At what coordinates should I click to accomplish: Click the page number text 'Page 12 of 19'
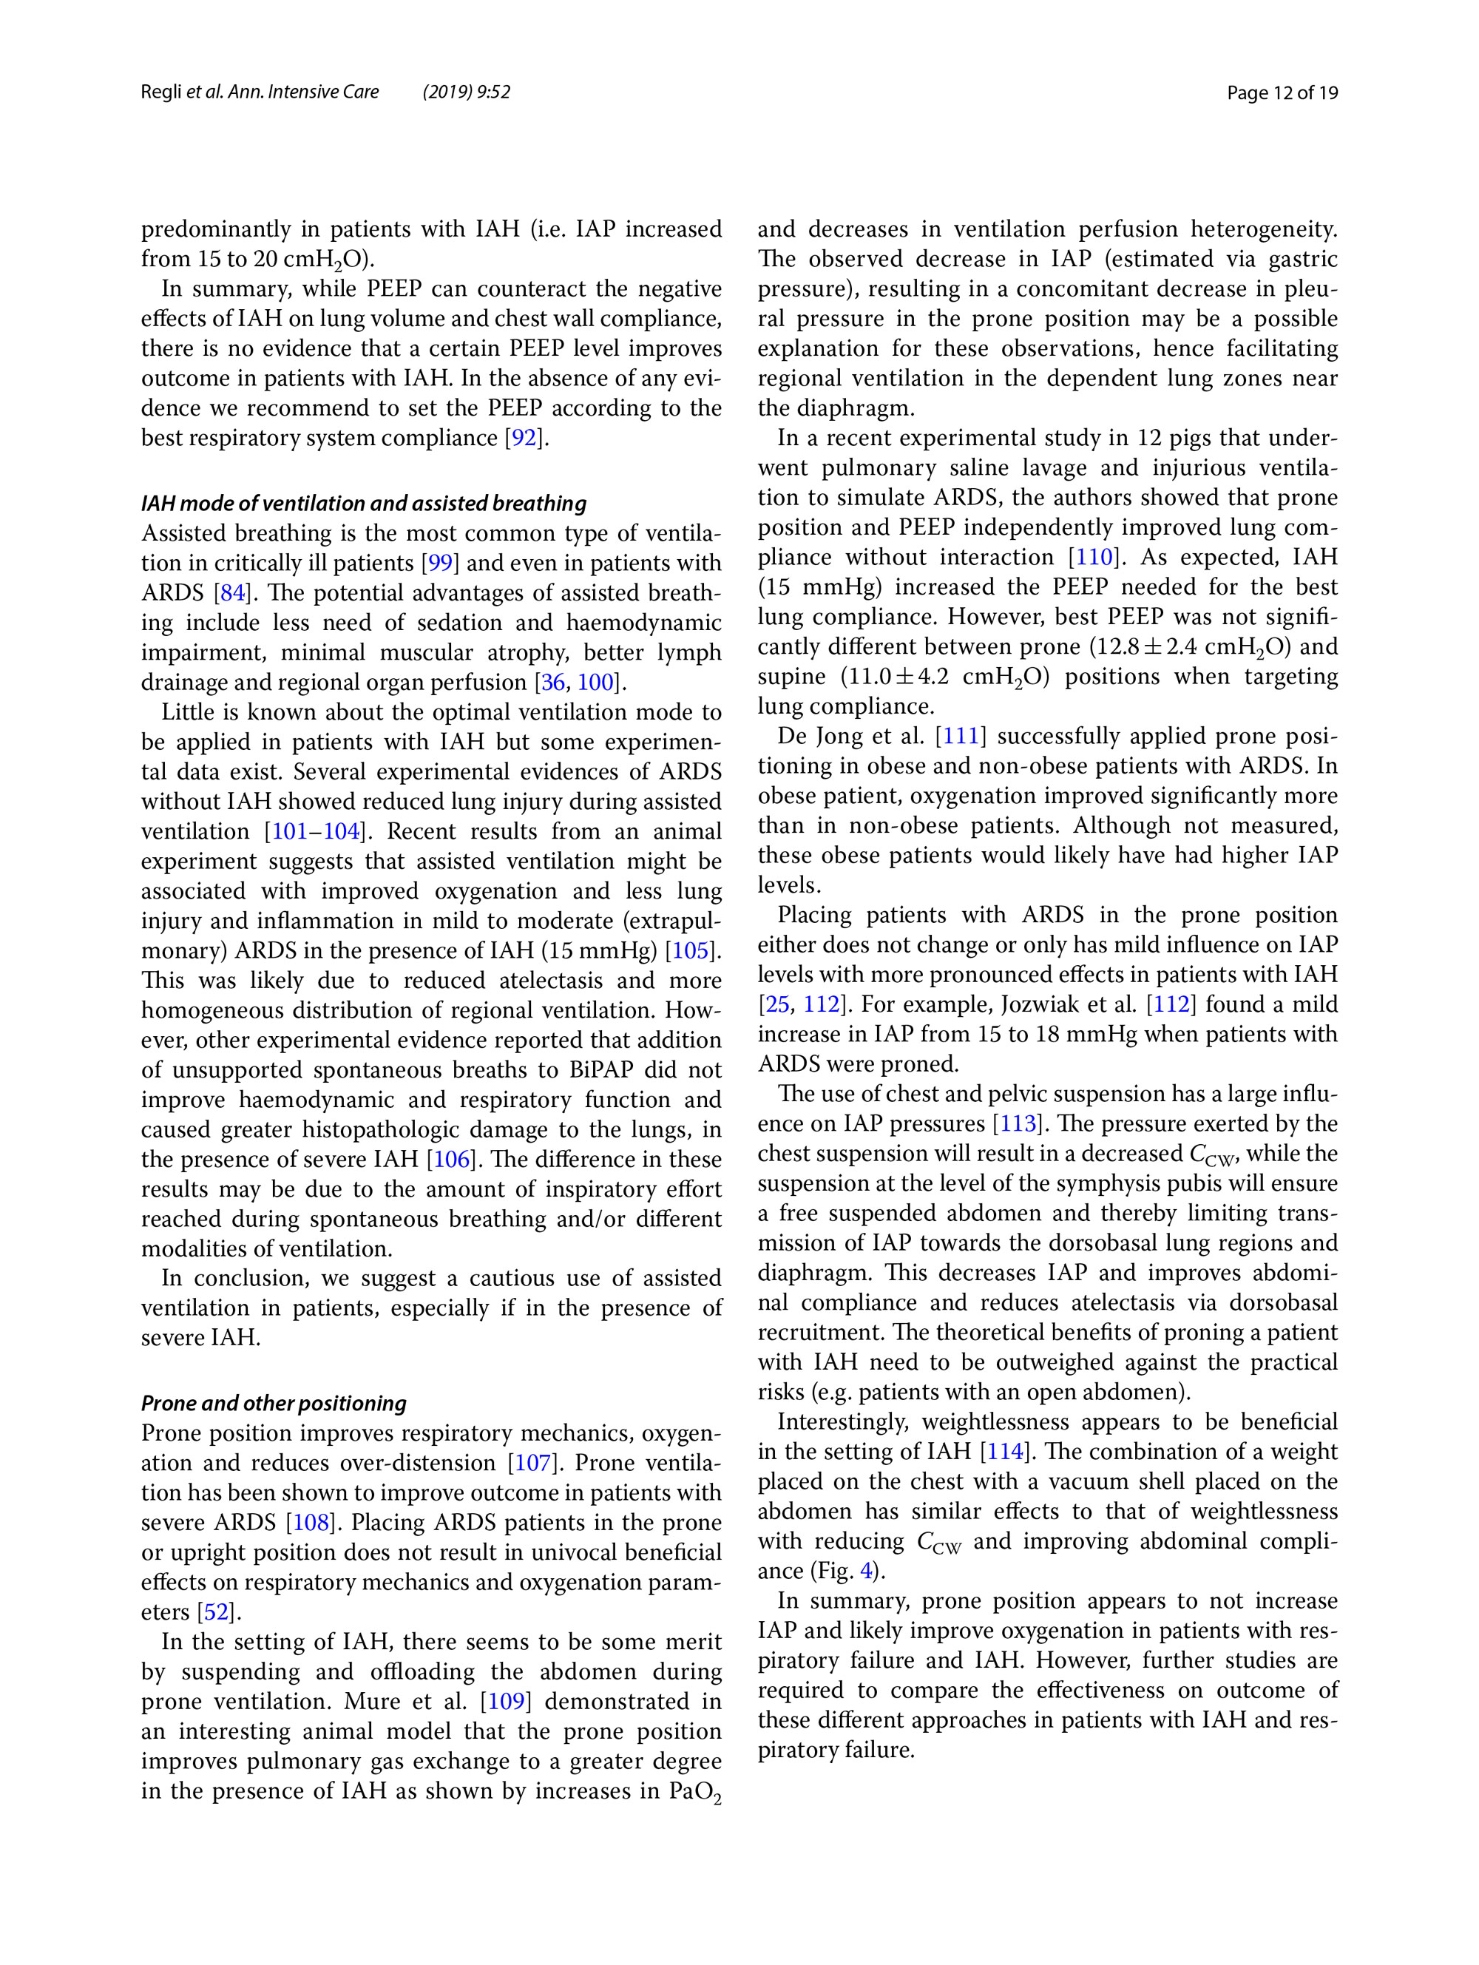[x=1282, y=92]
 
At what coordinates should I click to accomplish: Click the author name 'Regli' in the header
[x=160, y=92]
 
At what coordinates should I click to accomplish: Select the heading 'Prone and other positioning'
[x=274, y=1403]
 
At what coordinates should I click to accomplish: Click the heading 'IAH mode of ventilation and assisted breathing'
[x=363, y=504]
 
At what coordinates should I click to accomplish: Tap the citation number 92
[x=525, y=438]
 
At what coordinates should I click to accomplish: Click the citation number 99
[x=441, y=564]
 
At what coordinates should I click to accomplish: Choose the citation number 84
[x=233, y=592]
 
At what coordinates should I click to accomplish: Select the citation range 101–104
[x=315, y=831]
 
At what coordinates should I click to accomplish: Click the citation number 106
[x=451, y=1160]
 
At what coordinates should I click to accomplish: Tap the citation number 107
[x=533, y=1463]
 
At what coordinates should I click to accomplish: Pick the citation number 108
[x=311, y=1523]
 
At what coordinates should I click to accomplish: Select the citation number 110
[x=1094, y=557]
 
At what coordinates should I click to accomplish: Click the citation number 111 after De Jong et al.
[x=961, y=736]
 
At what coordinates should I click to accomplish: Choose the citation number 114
[x=1006, y=1452]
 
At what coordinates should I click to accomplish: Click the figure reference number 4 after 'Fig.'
[x=866, y=1571]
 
